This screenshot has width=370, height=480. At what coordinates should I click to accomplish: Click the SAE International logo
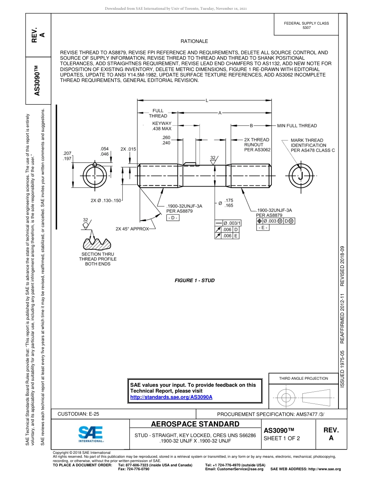(91, 434)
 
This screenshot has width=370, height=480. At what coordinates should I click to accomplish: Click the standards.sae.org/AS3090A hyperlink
(171, 397)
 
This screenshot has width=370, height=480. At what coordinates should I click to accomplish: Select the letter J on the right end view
(300, 177)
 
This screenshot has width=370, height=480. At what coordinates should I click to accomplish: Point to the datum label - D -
(173, 218)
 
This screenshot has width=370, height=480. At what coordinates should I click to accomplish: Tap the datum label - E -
(263, 228)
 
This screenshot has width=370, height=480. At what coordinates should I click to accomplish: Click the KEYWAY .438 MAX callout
(162, 126)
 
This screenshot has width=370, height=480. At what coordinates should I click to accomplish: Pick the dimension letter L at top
(206, 101)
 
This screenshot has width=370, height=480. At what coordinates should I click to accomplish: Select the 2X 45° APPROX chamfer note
(132, 229)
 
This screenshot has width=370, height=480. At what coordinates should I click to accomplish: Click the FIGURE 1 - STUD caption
(194, 280)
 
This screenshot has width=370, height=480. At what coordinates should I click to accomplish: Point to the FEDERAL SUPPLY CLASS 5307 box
(307, 25)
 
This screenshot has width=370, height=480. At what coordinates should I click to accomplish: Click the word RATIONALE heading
(194, 41)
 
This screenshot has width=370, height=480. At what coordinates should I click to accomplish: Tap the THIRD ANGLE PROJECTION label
(303, 378)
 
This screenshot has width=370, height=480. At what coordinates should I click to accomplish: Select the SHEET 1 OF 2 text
(282, 438)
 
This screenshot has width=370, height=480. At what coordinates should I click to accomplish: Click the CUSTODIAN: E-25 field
(78, 414)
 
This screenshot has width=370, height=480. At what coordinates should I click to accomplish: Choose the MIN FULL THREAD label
(297, 126)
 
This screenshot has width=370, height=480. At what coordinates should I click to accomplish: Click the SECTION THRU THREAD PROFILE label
(98, 259)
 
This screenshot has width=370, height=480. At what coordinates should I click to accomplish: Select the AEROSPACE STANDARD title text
(195, 424)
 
